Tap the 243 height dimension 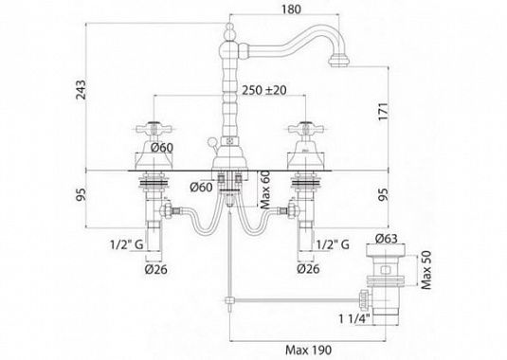coord(81,89)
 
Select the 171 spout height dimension coord(383,112)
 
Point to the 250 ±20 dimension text coord(264,90)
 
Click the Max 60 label coord(264,190)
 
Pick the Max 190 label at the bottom coord(308,350)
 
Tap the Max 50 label coord(426,270)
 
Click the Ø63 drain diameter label coord(386,239)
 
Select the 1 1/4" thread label coord(354,318)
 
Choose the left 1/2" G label coord(127,244)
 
